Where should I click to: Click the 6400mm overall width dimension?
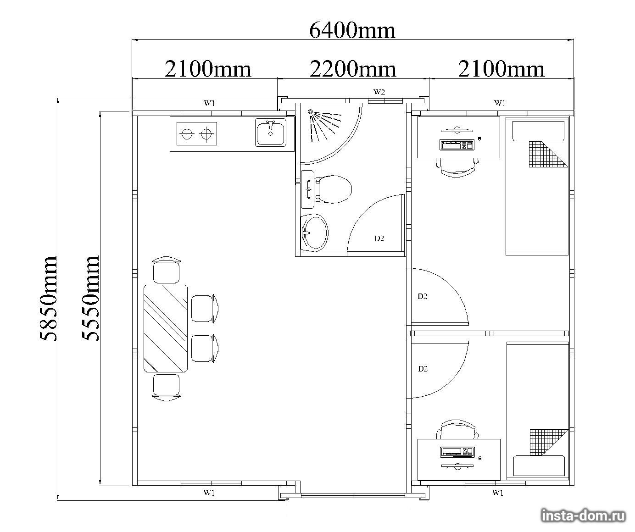coord(352,31)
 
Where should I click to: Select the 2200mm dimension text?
coord(353,69)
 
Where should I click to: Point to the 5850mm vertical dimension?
coord(48,299)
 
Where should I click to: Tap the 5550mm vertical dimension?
coord(90,298)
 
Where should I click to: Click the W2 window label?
coord(379,92)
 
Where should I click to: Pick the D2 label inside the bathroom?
coord(379,238)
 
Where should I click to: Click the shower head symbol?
coord(311,112)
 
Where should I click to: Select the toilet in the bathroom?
coord(334,189)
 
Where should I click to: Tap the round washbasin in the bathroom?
coord(314,233)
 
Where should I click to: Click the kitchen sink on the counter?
coord(271,133)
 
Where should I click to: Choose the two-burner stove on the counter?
coord(197,133)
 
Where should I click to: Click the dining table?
coord(166,328)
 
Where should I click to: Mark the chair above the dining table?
coord(166,270)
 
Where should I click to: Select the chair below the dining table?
coord(166,388)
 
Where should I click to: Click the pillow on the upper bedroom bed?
coord(539,131)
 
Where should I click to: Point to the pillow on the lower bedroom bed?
coord(539,466)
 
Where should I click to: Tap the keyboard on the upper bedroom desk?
coord(457,145)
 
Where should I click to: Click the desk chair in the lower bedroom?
coord(457,430)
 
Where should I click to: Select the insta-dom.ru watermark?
coord(583,516)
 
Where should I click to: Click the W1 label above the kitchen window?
coord(209,103)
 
